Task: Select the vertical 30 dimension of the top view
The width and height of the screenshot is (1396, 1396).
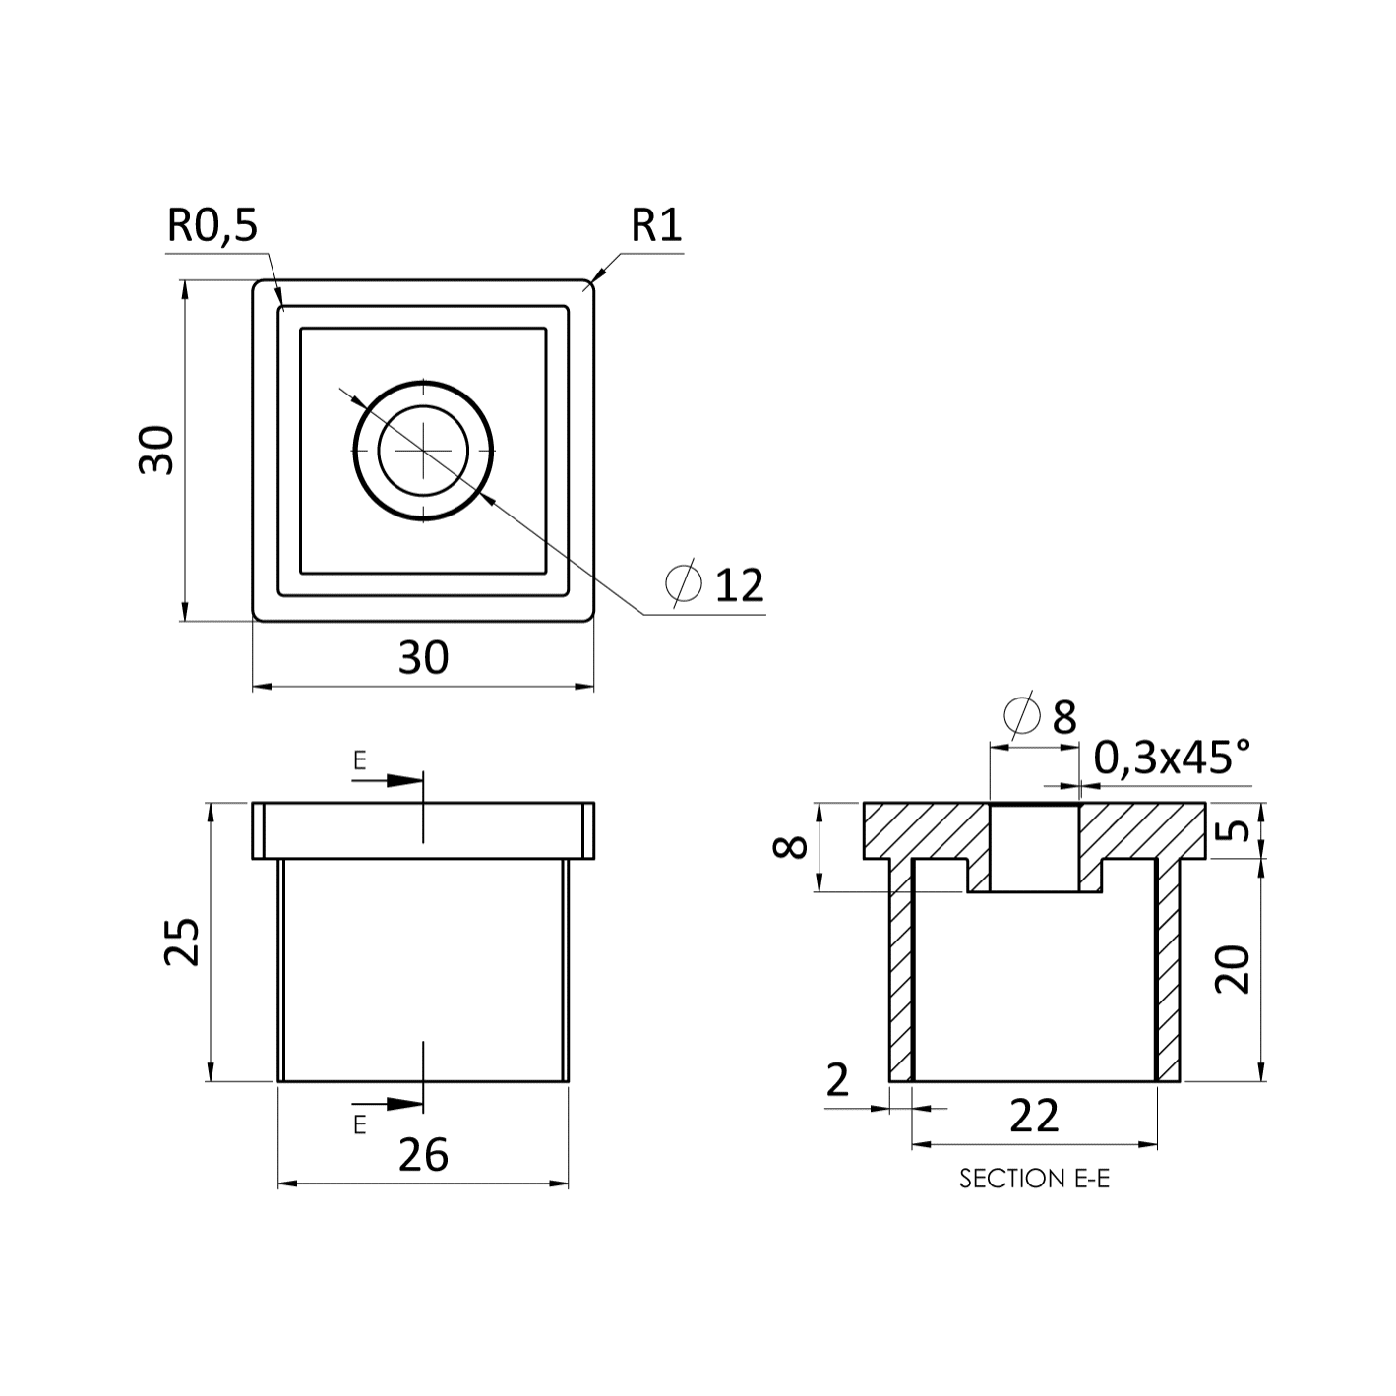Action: (157, 451)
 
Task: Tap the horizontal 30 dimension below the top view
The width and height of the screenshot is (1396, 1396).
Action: (424, 658)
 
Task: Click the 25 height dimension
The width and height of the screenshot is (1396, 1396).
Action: (182, 941)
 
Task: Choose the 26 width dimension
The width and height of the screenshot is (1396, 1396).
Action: (424, 1155)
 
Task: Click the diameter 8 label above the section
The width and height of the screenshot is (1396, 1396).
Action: (1041, 717)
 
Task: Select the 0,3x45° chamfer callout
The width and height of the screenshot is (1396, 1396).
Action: (1172, 759)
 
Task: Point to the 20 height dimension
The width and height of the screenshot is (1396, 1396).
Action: (1233, 969)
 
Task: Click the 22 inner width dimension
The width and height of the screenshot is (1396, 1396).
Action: (1035, 1116)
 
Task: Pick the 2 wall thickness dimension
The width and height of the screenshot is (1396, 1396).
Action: (837, 1080)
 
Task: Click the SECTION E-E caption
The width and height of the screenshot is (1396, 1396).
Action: (1035, 1179)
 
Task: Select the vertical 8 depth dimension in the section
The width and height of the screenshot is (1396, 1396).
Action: (791, 847)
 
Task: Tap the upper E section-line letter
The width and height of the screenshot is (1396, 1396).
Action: (359, 760)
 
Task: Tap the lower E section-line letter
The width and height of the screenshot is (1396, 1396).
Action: (359, 1124)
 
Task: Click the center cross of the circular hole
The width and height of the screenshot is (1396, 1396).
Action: (424, 450)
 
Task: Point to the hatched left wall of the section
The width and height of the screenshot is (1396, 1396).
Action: (901, 970)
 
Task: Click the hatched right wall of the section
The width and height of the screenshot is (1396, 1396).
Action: (1169, 970)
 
